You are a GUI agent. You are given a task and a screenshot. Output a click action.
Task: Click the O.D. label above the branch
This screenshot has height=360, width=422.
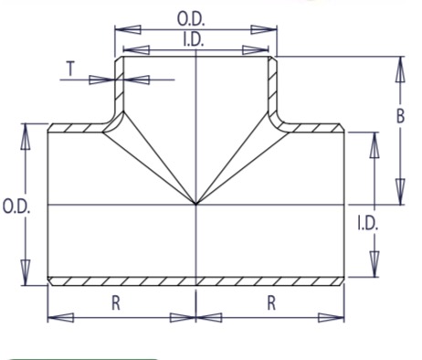point(191,19)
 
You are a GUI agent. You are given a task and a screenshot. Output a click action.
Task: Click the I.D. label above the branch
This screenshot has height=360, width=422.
point(193,39)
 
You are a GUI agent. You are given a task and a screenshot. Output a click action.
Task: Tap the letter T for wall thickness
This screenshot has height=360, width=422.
point(70,69)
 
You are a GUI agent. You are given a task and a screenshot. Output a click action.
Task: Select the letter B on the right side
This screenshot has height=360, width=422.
point(401,116)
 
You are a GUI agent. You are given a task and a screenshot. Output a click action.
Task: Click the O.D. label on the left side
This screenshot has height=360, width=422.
point(16,206)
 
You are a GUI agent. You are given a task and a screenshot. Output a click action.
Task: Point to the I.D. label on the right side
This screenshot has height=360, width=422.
point(367,223)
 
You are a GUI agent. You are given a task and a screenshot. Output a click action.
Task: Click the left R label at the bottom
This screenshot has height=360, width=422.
point(116,303)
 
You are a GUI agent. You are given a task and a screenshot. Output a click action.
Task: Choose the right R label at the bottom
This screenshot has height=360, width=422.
point(271,303)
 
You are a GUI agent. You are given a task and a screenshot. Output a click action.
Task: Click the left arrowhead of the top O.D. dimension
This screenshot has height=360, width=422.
point(128,29)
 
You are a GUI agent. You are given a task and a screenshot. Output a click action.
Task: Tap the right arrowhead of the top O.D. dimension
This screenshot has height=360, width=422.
point(264,29)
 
